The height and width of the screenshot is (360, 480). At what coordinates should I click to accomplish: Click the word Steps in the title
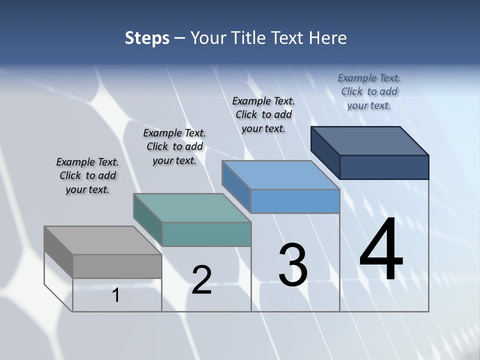point(147,38)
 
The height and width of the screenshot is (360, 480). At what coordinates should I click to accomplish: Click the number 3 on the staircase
point(293,265)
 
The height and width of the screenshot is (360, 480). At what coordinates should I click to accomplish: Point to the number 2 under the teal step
point(201,280)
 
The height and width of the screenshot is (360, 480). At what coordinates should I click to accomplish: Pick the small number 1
point(116,295)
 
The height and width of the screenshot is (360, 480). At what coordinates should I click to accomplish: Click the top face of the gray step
point(102,240)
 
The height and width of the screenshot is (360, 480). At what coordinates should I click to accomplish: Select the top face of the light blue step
point(280,175)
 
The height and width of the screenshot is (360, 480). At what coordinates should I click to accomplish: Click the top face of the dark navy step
point(369,141)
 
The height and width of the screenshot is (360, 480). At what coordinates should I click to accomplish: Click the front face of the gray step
point(117,266)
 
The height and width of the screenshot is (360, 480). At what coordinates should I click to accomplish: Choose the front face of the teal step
point(206,234)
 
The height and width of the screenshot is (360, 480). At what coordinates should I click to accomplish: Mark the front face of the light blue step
point(295,201)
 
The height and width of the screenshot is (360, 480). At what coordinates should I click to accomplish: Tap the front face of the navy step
point(384,167)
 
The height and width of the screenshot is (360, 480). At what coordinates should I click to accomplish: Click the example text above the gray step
point(87,175)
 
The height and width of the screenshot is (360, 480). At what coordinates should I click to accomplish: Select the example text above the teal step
point(174,146)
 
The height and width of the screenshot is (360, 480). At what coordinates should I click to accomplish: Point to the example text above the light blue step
point(263,114)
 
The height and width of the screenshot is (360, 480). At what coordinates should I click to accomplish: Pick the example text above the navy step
point(369,91)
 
